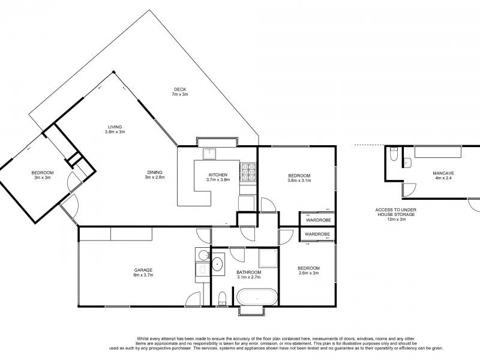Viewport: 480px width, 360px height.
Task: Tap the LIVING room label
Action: (x=115, y=127)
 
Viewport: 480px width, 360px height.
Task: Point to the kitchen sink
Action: (x=209, y=153)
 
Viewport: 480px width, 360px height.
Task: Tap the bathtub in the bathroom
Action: (x=257, y=296)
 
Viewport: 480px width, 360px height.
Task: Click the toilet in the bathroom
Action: (x=222, y=298)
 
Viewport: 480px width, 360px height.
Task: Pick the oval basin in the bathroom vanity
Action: (x=218, y=263)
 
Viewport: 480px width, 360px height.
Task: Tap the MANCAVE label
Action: (x=443, y=172)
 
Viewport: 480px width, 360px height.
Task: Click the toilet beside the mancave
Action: (x=393, y=155)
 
